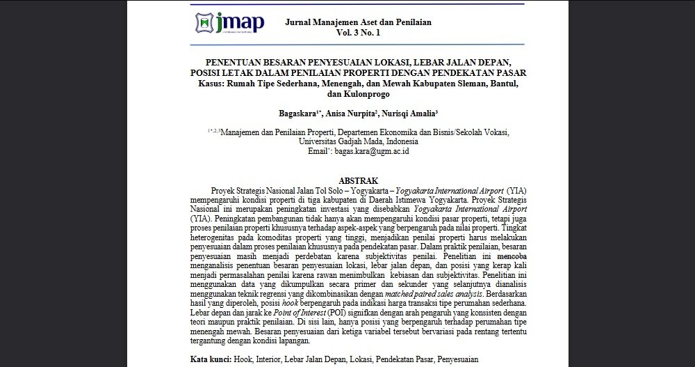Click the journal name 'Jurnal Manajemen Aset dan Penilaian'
pyautogui.click(x=358, y=22)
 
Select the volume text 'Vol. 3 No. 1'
pyautogui.click(x=358, y=33)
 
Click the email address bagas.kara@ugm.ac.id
pyautogui.click(x=372, y=150)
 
